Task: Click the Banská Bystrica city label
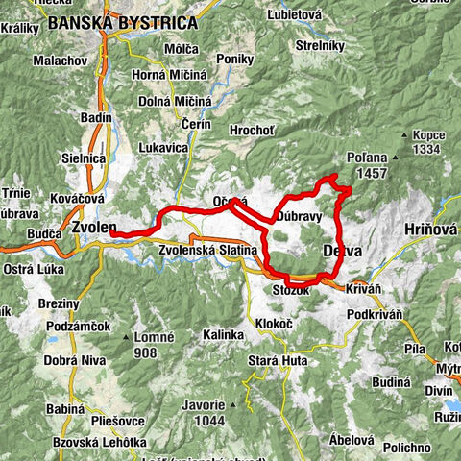pos(122,22)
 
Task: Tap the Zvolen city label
pos(93,228)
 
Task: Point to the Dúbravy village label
pos(299,217)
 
